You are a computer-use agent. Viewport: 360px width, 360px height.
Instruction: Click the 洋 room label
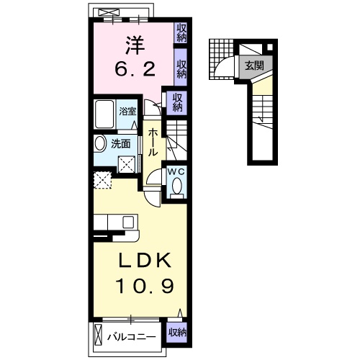[x=132, y=45]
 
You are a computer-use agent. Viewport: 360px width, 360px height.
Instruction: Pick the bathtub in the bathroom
[x=106, y=114]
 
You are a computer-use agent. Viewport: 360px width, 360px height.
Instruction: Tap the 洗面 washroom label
[x=129, y=143]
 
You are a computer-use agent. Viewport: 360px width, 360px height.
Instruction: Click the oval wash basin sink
[x=100, y=143]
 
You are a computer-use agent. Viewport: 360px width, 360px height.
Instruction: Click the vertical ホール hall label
[x=153, y=143]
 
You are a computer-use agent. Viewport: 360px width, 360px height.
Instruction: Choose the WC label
[x=176, y=171]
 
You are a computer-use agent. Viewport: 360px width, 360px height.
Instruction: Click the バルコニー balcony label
[x=132, y=336]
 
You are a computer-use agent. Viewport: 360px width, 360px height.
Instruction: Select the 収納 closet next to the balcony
[x=177, y=333]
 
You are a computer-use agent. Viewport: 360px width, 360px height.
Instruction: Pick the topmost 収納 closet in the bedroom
[x=182, y=32]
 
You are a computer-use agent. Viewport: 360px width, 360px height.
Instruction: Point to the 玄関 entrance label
[x=253, y=65]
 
